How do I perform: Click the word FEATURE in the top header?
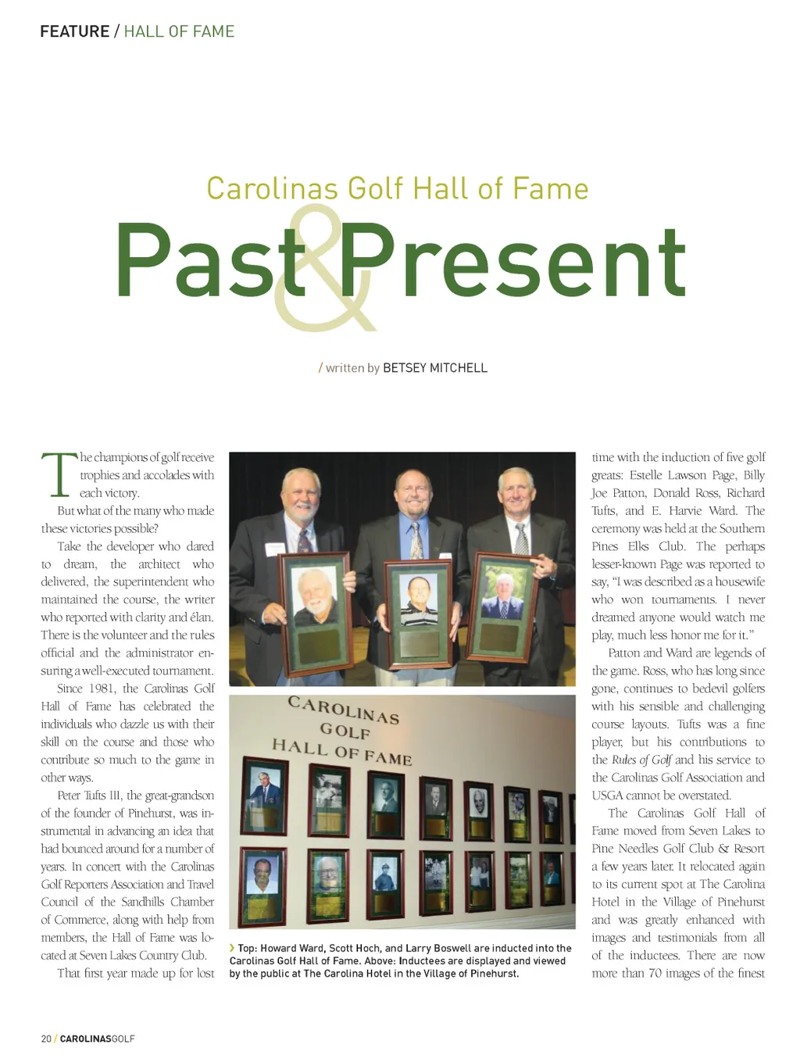coord(74,31)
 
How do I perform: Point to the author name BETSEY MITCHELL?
coord(434,368)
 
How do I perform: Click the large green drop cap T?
coord(59,475)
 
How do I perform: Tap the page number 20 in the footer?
coord(46,1039)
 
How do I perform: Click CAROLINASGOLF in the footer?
coord(97,1039)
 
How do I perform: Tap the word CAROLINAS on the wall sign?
coord(343,709)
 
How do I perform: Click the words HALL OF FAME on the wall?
coord(341,753)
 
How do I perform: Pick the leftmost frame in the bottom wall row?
coord(262,878)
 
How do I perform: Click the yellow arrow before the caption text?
coord(232,948)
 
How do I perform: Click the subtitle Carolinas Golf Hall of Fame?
coord(397,189)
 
